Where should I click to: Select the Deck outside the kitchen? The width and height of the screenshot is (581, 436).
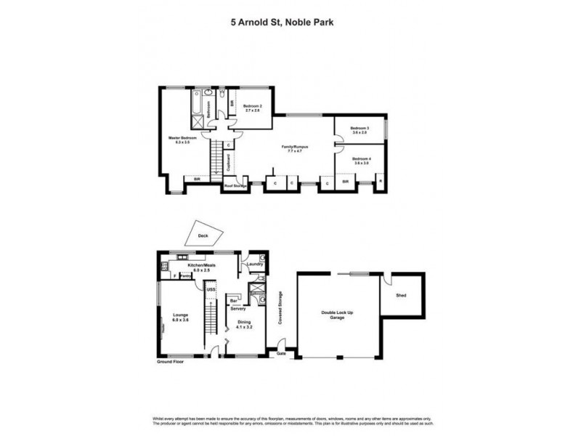coord(203,235)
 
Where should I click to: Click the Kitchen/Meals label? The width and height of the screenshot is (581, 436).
coord(200,266)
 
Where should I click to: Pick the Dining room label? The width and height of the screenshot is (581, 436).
coord(243,324)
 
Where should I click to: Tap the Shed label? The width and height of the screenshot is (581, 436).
coord(401,296)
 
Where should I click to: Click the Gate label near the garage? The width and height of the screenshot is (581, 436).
coord(281,353)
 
